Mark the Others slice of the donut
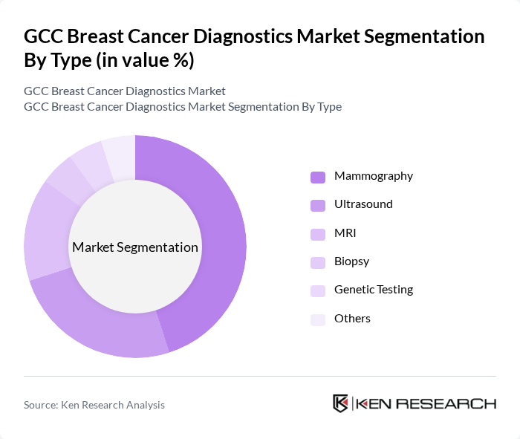(120, 152)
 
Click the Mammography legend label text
(373, 176)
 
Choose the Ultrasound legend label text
(363, 204)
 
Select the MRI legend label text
(345, 233)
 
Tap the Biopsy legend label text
(351, 261)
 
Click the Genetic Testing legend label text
(373, 290)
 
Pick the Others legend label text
(352, 319)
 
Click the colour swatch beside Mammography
(318, 177)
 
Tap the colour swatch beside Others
(318, 319)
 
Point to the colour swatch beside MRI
(318, 234)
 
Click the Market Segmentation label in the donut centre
(135, 247)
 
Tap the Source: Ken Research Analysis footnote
(94, 405)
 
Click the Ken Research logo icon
(341, 403)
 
